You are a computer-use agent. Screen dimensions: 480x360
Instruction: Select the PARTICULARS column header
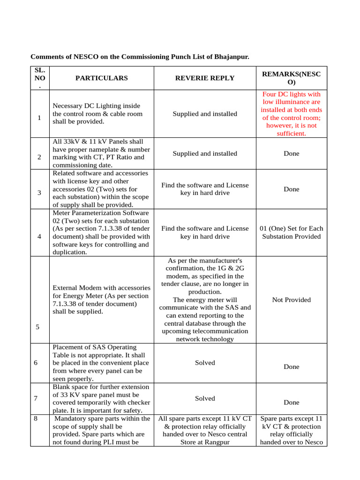[x=101, y=78]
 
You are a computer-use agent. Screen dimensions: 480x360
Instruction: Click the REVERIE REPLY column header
[x=205, y=78]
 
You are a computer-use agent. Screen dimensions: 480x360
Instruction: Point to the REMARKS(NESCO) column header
[x=291, y=78]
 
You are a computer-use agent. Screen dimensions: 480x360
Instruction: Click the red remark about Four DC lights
[x=291, y=114]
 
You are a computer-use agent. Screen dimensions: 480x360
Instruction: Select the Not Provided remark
[x=291, y=300]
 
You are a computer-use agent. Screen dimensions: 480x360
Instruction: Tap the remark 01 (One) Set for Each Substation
[x=291, y=232]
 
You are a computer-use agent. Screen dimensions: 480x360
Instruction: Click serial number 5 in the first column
[x=37, y=327]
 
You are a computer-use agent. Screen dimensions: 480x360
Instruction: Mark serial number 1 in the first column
[x=39, y=118]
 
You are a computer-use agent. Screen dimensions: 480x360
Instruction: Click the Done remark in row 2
[x=291, y=154]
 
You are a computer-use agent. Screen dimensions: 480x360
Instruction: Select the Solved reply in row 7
[x=205, y=398]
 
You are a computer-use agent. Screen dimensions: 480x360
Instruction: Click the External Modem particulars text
[x=101, y=300]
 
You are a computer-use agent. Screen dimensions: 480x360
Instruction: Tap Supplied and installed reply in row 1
[x=205, y=114]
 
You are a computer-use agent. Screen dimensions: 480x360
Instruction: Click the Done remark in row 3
[x=291, y=189]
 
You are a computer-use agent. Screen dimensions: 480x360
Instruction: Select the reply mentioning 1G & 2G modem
[x=205, y=300]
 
